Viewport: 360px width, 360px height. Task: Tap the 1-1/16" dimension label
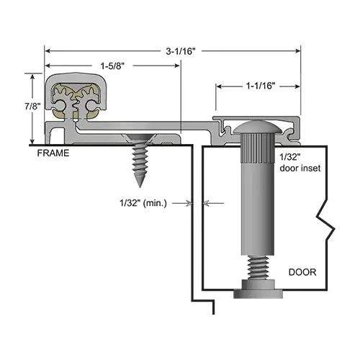pos(258,85)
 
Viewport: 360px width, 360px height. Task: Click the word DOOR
pos(302,272)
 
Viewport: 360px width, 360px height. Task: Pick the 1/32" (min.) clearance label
pos(145,204)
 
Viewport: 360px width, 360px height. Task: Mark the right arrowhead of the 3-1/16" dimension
pos(297,51)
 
